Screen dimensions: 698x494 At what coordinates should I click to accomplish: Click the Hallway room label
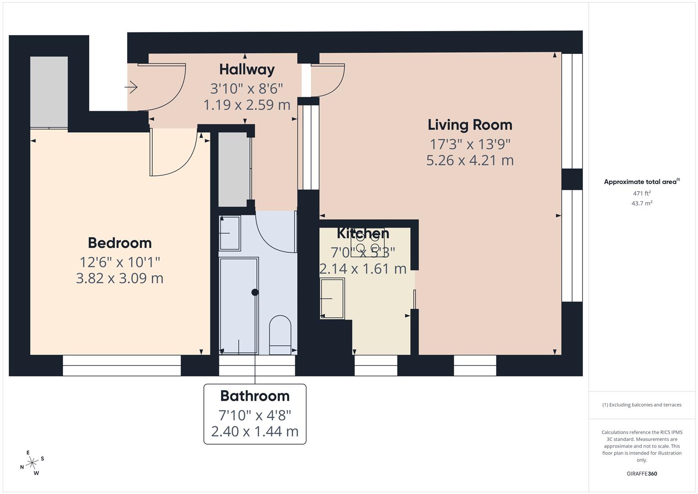(x=247, y=70)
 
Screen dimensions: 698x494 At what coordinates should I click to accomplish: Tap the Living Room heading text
(x=470, y=125)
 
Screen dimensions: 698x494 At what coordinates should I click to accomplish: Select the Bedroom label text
(x=120, y=243)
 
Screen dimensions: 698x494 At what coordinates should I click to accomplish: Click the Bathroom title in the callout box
(x=255, y=396)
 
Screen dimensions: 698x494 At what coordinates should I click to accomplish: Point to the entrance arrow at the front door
(x=131, y=87)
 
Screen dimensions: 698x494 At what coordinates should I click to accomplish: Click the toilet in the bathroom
(x=280, y=335)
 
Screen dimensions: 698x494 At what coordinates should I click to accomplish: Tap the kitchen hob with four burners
(x=368, y=243)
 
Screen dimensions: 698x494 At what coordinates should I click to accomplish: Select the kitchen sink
(x=332, y=298)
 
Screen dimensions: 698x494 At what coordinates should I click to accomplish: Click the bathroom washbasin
(x=230, y=233)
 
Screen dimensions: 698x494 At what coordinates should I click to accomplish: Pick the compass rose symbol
(x=32, y=463)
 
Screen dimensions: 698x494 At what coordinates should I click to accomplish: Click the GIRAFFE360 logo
(x=642, y=474)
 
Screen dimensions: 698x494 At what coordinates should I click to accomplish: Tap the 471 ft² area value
(x=642, y=193)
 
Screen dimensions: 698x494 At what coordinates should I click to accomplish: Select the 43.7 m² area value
(x=642, y=203)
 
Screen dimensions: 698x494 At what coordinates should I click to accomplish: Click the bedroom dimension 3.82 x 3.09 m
(x=120, y=278)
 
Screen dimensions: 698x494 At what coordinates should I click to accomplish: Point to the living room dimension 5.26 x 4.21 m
(x=470, y=160)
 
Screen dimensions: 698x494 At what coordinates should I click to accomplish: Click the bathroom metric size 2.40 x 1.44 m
(x=255, y=432)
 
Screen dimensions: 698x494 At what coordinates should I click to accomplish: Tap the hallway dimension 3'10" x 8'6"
(x=246, y=89)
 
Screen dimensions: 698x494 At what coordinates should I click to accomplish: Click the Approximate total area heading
(x=642, y=182)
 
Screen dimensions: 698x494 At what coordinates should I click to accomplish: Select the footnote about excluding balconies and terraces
(x=642, y=405)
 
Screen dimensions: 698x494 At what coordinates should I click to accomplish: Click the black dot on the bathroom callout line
(x=255, y=292)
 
